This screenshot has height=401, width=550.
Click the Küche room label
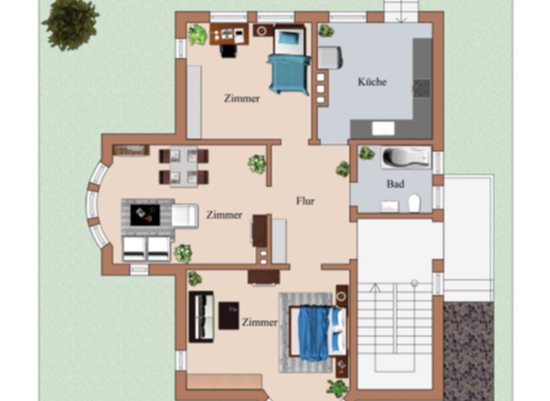[x=372, y=82]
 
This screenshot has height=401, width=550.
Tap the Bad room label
[x=395, y=184]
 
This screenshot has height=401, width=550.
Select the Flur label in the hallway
[x=306, y=200]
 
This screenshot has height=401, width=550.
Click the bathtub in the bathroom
[x=405, y=157]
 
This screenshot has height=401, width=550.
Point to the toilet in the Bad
[x=414, y=204]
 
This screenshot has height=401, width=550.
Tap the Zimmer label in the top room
[x=241, y=98]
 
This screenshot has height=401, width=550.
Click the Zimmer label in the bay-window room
[x=224, y=215]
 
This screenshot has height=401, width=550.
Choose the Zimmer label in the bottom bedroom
[x=259, y=322]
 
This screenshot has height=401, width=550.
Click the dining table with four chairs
[x=183, y=166]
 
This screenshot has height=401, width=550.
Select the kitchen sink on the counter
[x=382, y=128]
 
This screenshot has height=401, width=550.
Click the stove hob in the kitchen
[x=422, y=87]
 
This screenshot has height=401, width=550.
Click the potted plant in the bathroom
[x=367, y=153]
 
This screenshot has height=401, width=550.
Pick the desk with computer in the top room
[x=229, y=34]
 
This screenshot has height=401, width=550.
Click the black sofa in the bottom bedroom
[x=201, y=316]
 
